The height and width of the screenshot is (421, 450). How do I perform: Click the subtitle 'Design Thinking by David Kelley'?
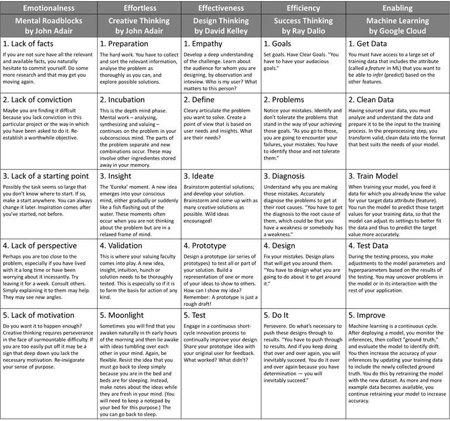(x=221, y=25)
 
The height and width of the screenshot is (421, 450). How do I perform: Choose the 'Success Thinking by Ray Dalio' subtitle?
(x=303, y=25)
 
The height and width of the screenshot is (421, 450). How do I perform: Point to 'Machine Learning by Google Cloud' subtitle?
(x=397, y=25)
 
